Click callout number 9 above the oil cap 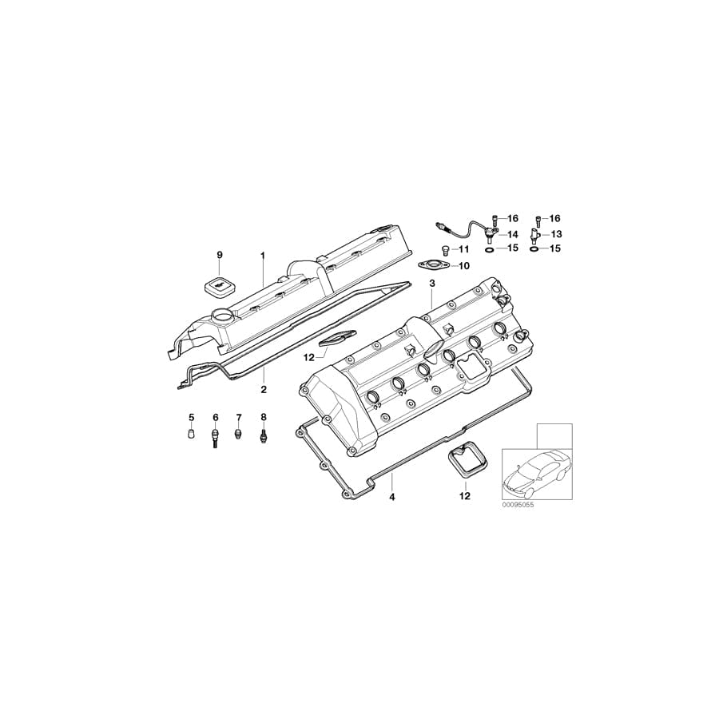click(x=220, y=255)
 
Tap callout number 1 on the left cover click(x=261, y=255)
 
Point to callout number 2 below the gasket click(x=263, y=390)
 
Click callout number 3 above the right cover click(x=432, y=283)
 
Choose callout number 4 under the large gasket click(x=392, y=497)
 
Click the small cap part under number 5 click(x=192, y=435)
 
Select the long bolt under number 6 click(x=215, y=439)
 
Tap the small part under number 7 click(x=238, y=434)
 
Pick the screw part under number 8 click(x=264, y=437)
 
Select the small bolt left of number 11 click(x=447, y=251)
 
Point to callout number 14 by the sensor click(x=513, y=233)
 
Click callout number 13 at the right click(x=557, y=233)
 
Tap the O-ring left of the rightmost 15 click(x=533, y=248)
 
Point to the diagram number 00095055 click(x=518, y=506)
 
